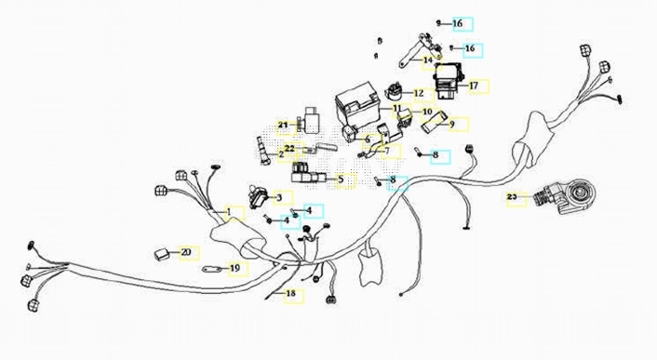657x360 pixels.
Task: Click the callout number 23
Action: click(512, 197)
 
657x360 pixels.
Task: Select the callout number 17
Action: click(474, 86)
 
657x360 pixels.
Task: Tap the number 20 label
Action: click(186, 252)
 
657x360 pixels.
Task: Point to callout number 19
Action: click(235, 268)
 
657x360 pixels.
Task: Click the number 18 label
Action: click(290, 293)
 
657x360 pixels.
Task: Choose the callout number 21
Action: click(283, 126)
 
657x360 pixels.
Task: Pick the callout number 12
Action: click(419, 93)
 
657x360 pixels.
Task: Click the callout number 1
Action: click(229, 212)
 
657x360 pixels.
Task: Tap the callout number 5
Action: click(342, 180)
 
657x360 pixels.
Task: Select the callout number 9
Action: click(452, 125)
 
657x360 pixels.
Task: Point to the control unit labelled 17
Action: click(449, 81)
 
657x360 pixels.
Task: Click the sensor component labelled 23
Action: click(561, 197)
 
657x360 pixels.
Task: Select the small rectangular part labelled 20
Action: click(162, 252)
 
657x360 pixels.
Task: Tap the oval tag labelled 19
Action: click(210, 269)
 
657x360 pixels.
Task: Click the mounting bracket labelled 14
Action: click(419, 51)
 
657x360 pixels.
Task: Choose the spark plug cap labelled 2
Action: click(262, 150)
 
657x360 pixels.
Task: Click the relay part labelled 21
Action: click(309, 119)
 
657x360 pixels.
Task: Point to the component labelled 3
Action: click(257, 196)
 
